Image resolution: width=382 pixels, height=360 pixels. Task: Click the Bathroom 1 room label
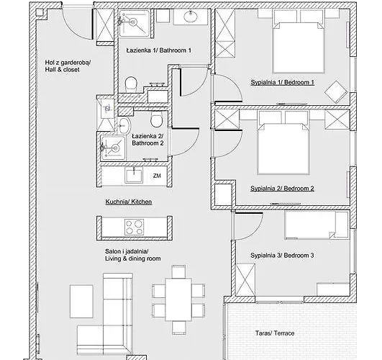159,50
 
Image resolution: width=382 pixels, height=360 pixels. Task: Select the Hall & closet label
68,66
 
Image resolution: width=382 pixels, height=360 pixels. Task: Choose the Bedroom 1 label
283,83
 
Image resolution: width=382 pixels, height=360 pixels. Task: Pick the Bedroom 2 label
282,189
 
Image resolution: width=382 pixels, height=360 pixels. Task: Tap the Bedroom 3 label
282,256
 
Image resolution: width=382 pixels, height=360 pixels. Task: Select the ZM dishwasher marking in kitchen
157,175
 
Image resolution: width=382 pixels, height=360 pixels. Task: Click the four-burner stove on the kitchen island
135,228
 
